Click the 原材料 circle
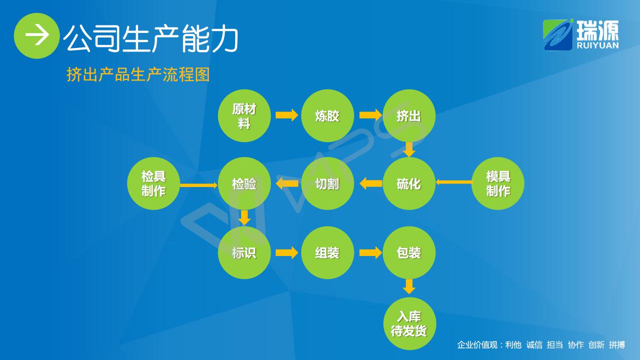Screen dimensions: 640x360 pos(244,115)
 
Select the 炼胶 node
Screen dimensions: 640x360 pos(327,115)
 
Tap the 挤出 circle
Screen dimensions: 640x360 pos(409,115)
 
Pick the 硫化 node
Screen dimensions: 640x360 pos(409,183)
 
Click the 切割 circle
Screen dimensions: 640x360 pos(327,183)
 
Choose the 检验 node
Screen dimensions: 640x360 pos(244,183)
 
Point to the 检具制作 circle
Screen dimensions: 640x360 pos(154,183)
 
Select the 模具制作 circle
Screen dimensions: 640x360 pos(498,183)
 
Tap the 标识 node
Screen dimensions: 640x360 pos(244,252)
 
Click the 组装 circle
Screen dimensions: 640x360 pos(327,252)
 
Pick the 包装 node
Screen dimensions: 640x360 pos(409,252)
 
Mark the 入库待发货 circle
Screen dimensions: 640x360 pos(410,323)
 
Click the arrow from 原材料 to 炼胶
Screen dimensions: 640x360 pos(287,115)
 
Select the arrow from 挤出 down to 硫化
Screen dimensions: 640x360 pos(409,149)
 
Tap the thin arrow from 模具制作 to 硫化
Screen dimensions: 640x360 pos(454,182)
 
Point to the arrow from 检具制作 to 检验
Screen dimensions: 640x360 pos(199,185)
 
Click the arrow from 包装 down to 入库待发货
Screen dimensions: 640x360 pos(409,286)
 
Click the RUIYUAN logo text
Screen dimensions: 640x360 pos(597,45)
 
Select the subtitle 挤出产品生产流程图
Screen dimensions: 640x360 pos(138,75)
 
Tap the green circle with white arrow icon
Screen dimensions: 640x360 pos(37,35)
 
